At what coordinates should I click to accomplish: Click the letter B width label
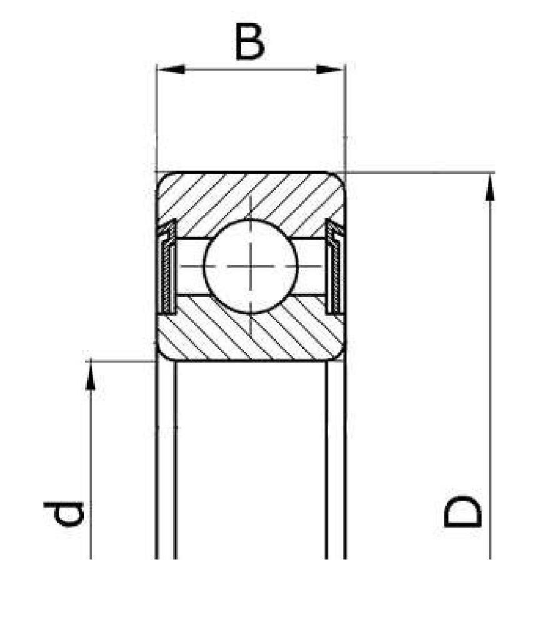tap(250, 42)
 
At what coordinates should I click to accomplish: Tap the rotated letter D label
tap(462, 511)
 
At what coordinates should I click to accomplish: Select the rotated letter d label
tap(64, 513)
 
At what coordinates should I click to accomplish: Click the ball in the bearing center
tap(251, 266)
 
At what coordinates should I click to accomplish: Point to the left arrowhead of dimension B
tap(171, 69)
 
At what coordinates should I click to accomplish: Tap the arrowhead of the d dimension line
tap(91, 376)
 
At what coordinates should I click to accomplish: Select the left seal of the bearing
tap(168, 267)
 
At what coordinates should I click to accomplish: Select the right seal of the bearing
tap(335, 267)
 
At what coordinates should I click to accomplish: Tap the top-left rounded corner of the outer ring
tap(162, 177)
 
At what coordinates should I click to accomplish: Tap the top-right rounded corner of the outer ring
tap(340, 177)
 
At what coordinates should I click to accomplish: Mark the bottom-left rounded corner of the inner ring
tap(162, 355)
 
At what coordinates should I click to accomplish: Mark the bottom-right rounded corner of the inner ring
tap(340, 355)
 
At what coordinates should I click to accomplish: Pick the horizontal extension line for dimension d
tap(121, 361)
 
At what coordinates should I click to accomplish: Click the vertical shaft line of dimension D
tap(490, 366)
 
